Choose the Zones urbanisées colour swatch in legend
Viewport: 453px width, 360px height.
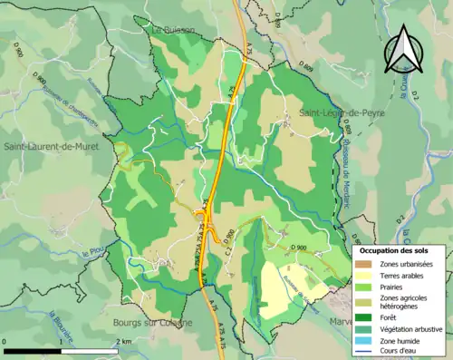click(362, 264)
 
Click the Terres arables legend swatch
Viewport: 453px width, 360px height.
click(362, 276)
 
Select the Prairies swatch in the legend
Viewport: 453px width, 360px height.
click(362, 287)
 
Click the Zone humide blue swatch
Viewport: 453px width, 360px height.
click(362, 339)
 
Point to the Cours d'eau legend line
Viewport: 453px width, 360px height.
click(362, 350)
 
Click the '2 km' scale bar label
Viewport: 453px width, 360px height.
click(123, 341)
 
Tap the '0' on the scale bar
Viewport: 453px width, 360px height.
click(5, 341)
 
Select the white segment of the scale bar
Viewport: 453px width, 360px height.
click(89, 350)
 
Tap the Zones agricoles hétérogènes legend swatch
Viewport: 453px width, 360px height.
click(362, 302)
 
